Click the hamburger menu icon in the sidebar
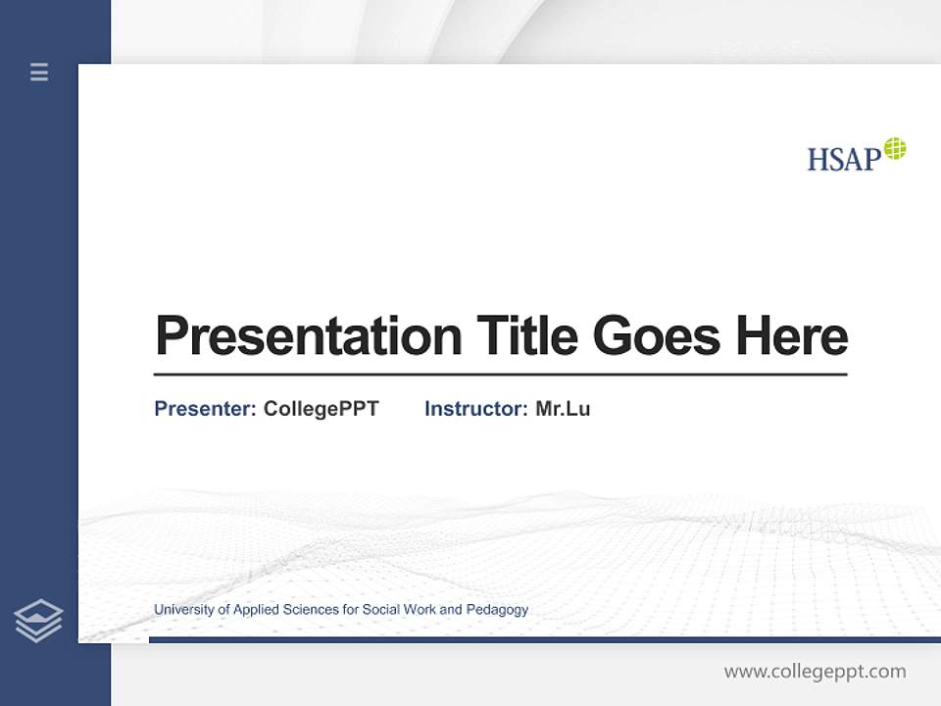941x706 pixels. tap(39, 72)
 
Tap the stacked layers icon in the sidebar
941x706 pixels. tap(39, 621)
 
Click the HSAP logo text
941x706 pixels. tap(842, 159)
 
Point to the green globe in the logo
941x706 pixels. tap(895, 149)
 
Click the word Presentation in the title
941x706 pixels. tap(308, 336)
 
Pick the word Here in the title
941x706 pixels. tap(792, 336)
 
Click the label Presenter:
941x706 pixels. tap(205, 409)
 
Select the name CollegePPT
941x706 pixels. tap(321, 409)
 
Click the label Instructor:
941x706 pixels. tap(475, 409)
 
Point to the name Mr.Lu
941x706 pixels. tap(563, 409)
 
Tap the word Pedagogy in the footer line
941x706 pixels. tap(497, 610)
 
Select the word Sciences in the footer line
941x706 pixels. tap(309, 610)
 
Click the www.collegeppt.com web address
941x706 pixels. tap(815, 672)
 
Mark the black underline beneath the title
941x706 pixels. tap(500, 375)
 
